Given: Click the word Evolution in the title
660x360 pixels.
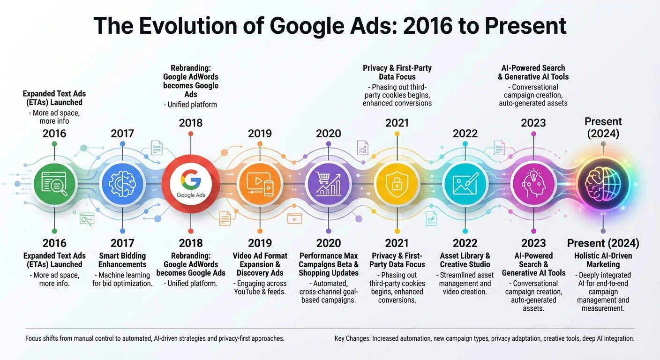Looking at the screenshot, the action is pyautogui.click(x=188, y=26).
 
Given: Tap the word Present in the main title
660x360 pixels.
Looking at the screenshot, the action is pyautogui.click(x=525, y=26).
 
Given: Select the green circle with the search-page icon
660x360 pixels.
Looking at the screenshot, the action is pyautogui.click(x=54, y=184).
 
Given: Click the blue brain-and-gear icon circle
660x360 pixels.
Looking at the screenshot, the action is pyautogui.click(x=122, y=184).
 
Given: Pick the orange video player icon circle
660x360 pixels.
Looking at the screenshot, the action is pyautogui.click(x=260, y=184).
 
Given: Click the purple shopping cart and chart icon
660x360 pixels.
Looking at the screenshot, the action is pyautogui.click(x=329, y=184).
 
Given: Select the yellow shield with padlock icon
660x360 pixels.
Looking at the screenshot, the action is pyautogui.click(x=397, y=184).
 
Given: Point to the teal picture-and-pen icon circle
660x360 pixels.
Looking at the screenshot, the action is pyautogui.click(x=465, y=184).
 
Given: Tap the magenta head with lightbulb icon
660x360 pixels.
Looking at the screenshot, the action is pyautogui.click(x=533, y=184).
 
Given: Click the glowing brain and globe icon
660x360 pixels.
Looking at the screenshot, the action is pyautogui.click(x=603, y=184).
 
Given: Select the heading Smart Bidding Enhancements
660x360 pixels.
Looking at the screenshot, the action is pyautogui.click(x=122, y=260).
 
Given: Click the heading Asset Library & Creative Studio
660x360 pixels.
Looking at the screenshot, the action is pyautogui.click(x=465, y=260).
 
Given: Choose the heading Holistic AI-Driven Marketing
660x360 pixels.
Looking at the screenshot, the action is pyautogui.click(x=603, y=260).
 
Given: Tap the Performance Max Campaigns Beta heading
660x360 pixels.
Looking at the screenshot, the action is pyautogui.click(x=329, y=260).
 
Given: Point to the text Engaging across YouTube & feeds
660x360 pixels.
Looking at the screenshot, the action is pyautogui.click(x=260, y=287).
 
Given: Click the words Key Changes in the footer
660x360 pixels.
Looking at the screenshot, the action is pyautogui.click(x=352, y=338).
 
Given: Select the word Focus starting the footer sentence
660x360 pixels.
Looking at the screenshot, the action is pyautogui.click(x=33, y=338).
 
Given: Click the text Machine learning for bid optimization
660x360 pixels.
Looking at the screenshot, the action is pyautogui.click(x=122, y=279).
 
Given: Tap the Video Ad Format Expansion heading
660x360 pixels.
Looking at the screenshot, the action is pyautogui.click(x=260, y=260).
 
